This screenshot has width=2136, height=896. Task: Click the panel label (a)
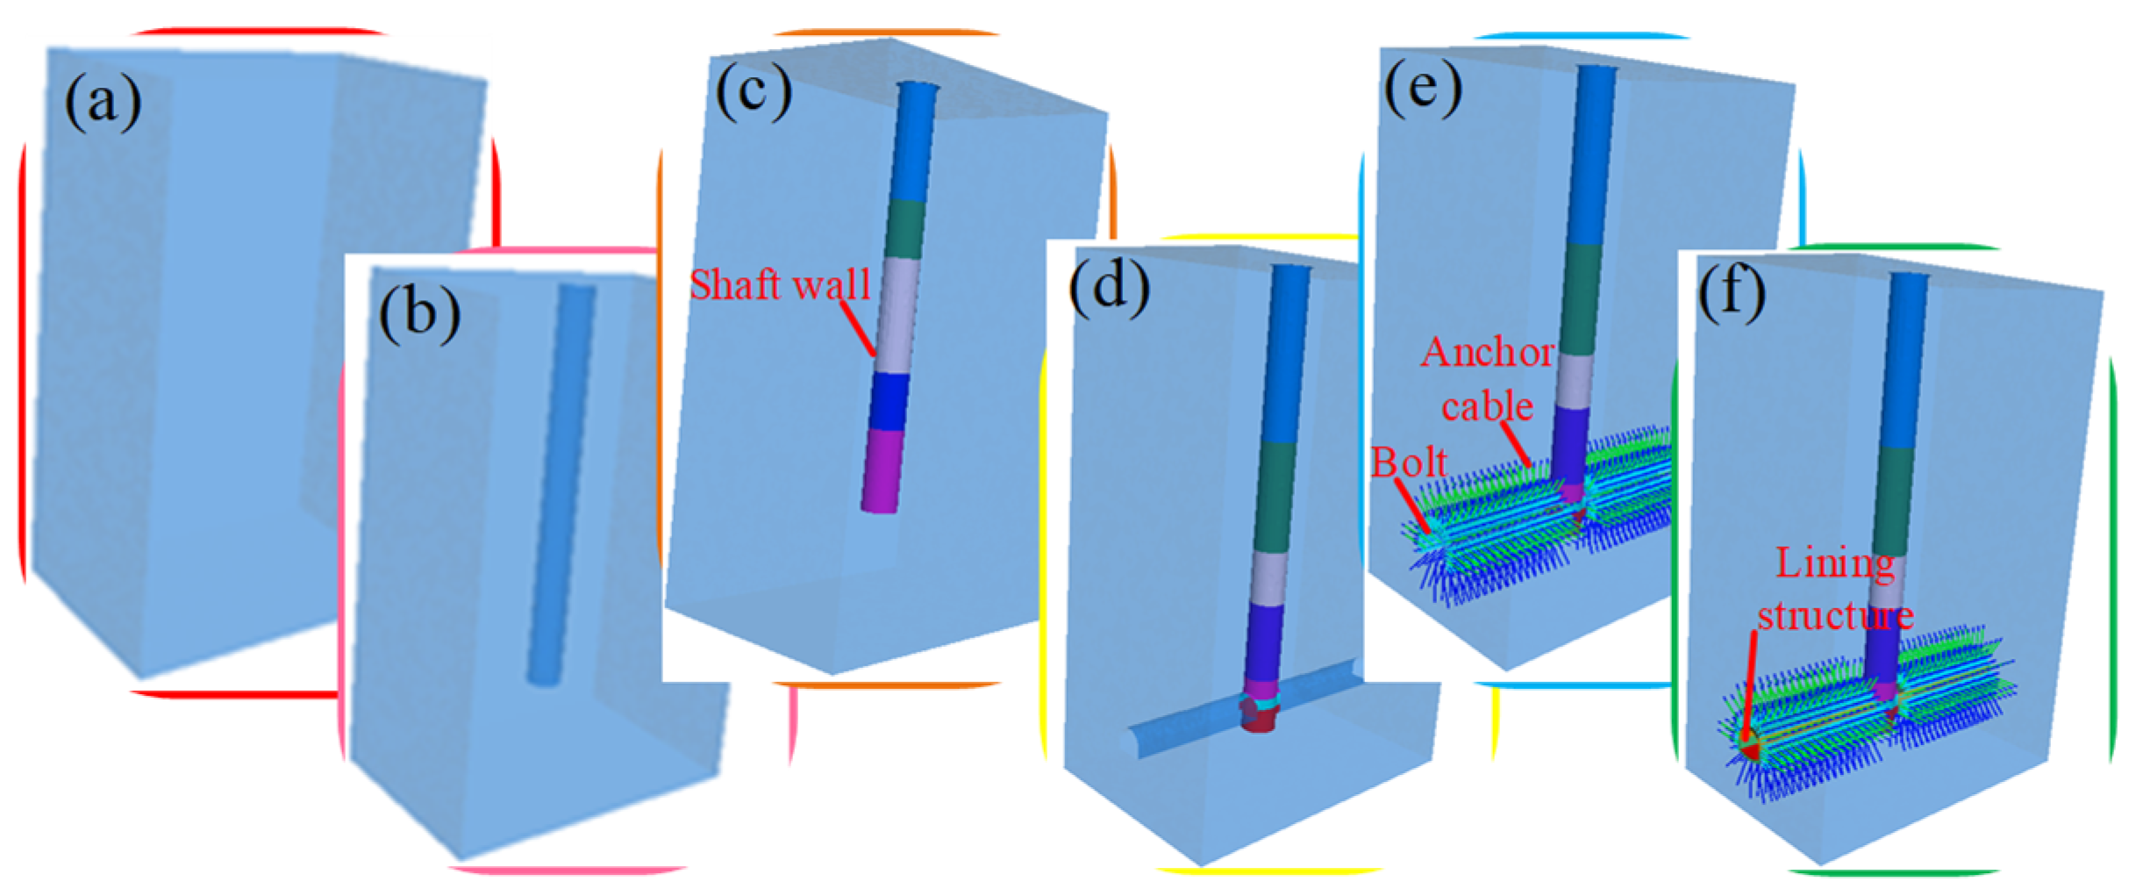[x=102, y=101]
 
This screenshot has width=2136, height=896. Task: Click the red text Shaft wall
[x=779, y=284]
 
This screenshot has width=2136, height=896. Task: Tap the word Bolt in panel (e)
[x=1409, y=462]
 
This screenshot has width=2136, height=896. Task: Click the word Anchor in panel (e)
[x=1487, y=352]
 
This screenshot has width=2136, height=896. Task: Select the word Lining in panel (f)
[x=1834, y=563]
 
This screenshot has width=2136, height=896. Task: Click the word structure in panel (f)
[x=1835, y=615]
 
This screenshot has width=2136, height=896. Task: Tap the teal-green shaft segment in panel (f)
[x=1897, y=500]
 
